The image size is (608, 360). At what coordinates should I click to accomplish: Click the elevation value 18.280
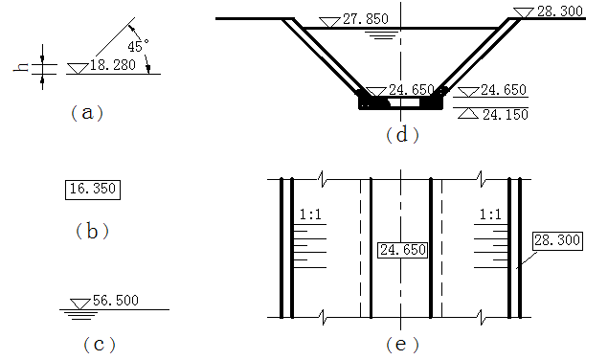[x=113, y=65]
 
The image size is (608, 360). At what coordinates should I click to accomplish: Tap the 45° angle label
[x=138, y=46]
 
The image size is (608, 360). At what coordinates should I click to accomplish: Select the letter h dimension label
[x=21, y=67]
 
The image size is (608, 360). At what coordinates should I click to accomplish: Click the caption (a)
[x=87, y=113]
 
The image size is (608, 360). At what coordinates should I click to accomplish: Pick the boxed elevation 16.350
[x=93, y=190]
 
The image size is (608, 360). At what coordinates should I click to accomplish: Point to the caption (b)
[x=92, y=232]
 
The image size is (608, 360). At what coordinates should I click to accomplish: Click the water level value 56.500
[x=116, y=301]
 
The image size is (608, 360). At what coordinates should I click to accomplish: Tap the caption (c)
[x=100, y=345]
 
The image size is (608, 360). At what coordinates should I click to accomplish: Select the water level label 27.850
[x=366, y=19]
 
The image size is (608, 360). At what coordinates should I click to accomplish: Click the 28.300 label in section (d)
[x=560, y=11]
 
